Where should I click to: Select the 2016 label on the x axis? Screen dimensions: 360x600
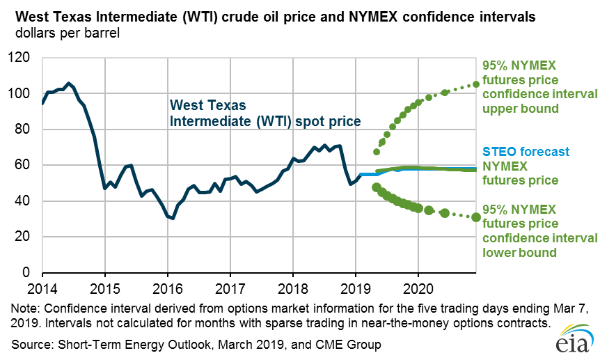168,287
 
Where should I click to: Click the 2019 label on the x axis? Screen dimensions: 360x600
356,287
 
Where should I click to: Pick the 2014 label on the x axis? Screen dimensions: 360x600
42,287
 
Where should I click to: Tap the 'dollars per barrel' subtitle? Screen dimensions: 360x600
61,33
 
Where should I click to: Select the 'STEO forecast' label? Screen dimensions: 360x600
526,152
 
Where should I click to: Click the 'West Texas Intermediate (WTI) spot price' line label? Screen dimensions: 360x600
265,114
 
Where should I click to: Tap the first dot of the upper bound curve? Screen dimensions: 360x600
377,151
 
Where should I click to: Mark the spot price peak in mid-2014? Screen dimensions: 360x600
68,83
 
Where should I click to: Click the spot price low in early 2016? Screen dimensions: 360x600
172,218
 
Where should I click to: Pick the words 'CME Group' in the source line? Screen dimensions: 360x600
352,344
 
